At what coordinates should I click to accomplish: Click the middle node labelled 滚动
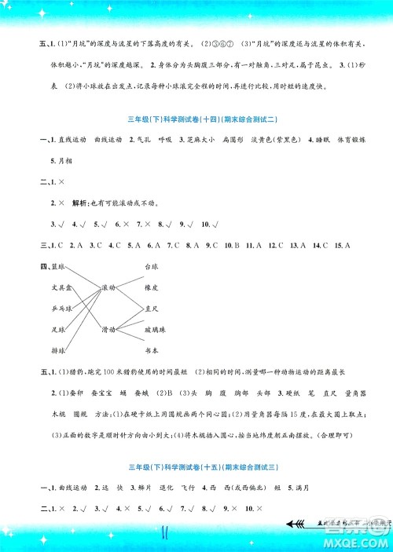tap(109, 288)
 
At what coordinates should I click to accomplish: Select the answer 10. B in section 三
tap(231, 245)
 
